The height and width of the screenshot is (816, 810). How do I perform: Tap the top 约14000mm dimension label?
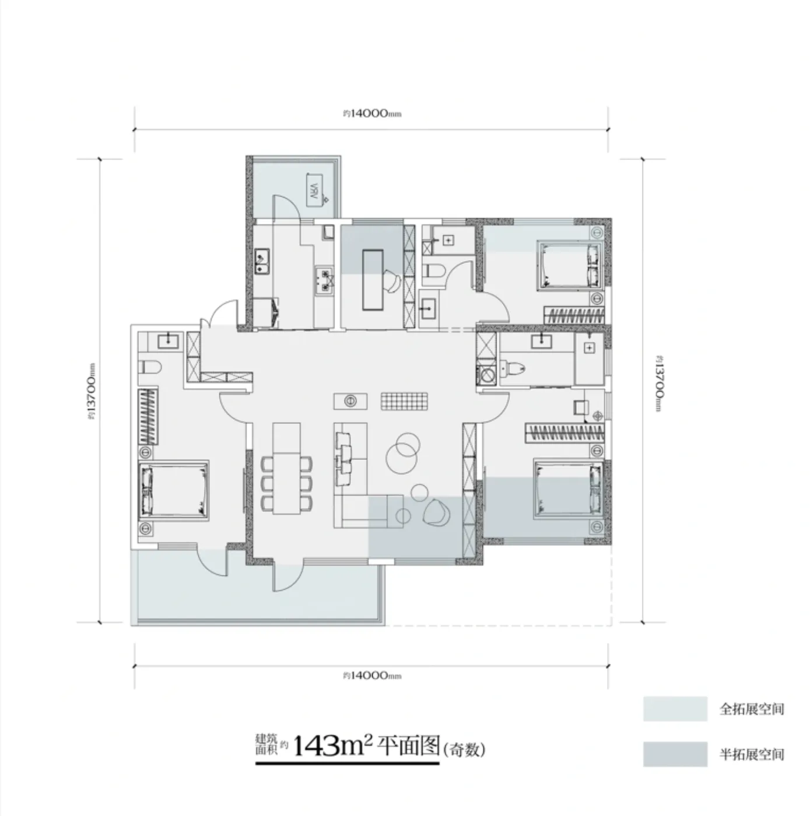[371, 114]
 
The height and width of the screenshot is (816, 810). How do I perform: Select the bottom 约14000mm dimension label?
[371, 675]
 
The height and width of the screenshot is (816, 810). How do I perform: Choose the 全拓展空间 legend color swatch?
[675, 708]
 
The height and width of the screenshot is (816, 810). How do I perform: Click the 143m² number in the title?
[332, 745]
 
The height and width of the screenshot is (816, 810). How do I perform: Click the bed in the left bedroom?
[173, 490]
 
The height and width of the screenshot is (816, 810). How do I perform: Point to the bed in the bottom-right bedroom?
[569, 488]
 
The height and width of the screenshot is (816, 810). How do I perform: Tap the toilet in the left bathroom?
[151, 367]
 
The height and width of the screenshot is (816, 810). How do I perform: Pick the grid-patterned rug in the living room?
[404, 401]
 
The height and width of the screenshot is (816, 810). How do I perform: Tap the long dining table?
[286, 469]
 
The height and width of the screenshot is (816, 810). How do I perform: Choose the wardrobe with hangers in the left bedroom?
[148, 416]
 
